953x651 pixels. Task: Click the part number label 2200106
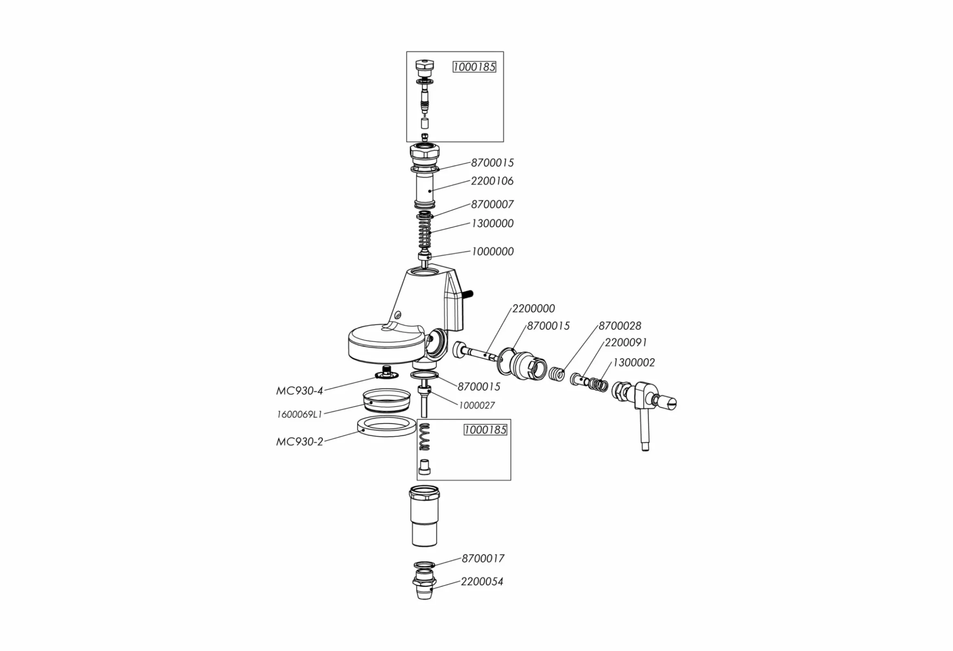pos(492,181)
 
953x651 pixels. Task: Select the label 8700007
pos(492,204)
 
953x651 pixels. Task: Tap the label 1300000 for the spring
pos(492,223)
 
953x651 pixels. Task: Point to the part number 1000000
pos(492,251)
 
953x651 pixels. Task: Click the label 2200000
pos(533,308)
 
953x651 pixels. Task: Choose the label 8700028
pos(619,326)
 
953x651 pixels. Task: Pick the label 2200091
pos(625,342)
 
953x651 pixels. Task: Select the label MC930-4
pos(299,391)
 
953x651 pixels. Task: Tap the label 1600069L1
pos(299,415)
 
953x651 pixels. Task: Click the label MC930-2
pos(299,442)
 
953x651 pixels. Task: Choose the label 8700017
pos(483,558)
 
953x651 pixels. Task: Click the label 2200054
pos(482,581)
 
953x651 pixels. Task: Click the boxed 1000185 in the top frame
pos(474,67)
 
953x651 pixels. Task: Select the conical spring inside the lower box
pos(425,437)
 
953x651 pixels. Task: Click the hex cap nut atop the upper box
pos(425,66)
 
